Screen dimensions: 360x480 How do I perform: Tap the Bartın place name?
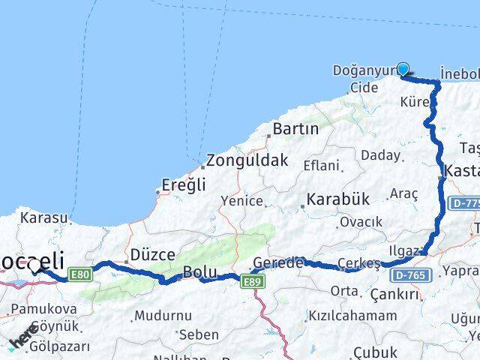[x=295, y=129]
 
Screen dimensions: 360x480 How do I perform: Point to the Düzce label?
[x=153, y=255]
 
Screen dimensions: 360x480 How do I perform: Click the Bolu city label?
[x=200, y=272]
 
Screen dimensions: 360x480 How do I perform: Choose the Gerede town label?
[x=278, y=263]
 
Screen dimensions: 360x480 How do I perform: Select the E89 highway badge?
[x=251, y=280]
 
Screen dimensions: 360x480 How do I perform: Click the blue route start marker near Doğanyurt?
[x=403, y=70]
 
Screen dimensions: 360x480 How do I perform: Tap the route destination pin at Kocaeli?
[x=34, y=267]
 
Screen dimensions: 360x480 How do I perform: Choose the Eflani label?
[x=321, y=166]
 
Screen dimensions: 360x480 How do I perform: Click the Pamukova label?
[x=44, y=308]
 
